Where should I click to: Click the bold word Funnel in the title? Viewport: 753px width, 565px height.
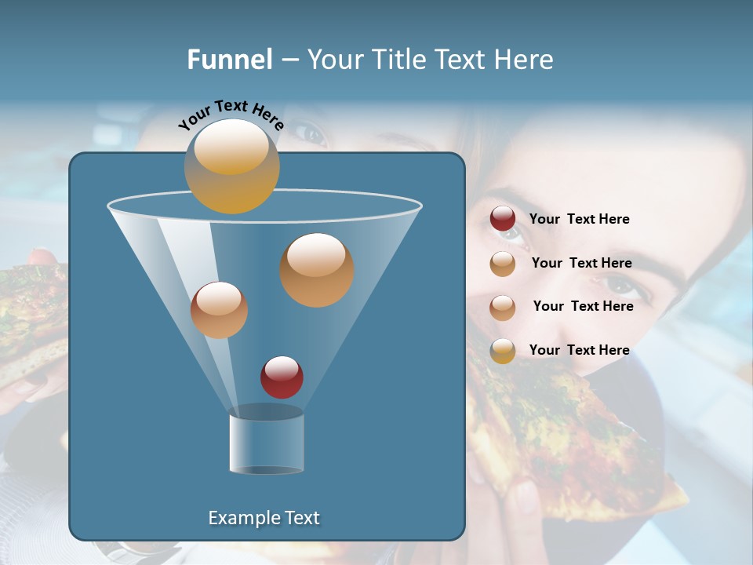(229, 60)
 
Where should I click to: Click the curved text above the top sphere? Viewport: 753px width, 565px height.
(231, 115)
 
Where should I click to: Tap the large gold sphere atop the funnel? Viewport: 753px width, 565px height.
(231, 166)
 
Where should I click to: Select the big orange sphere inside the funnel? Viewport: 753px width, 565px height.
(317, 270)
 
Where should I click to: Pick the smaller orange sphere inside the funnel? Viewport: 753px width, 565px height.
(219, 310)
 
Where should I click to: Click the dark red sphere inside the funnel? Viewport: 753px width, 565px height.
(282, 377)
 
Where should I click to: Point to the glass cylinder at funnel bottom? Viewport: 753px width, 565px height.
(266, 443)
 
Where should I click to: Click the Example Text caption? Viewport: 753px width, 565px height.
(264, 518)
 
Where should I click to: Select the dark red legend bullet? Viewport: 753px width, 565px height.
(503, 219)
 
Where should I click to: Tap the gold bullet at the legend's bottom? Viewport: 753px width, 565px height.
(503, 351)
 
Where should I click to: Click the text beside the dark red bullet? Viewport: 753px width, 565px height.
(579, 219)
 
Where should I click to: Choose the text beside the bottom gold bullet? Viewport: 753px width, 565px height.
(579, 350)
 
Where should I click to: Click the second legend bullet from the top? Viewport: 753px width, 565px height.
(503, 264)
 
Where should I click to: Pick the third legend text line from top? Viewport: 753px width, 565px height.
(583, 306)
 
